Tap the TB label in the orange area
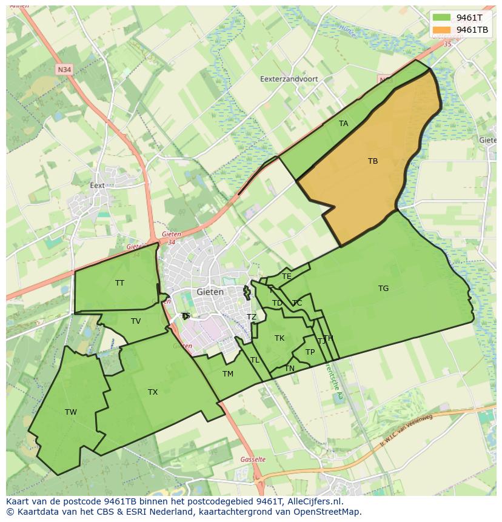(373, 161)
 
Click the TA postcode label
(344, 124)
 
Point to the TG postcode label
(383, 289)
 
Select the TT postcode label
(119, 283)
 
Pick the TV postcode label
(136, 321)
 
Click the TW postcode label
(71, 412)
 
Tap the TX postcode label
(153, 392)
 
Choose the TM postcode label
(228, 374)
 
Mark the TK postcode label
(279, 338)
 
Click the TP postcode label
(310, 352)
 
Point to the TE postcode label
(287, 276)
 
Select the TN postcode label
(290, 369)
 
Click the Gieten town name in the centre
(210, 292)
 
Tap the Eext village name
(97, 186)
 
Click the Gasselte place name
(253, 460)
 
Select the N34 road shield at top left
(64, 70)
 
